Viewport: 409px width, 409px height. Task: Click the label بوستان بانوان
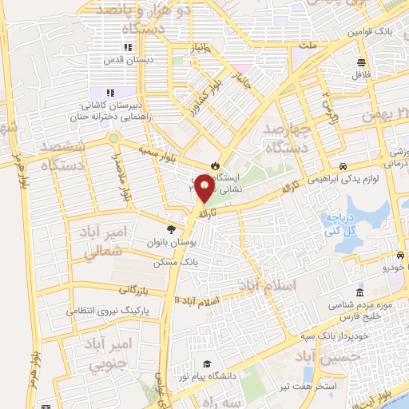(169, 240)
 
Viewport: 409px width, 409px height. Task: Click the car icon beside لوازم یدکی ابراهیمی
(343, 167)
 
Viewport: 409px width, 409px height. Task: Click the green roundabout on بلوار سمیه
(114, 138)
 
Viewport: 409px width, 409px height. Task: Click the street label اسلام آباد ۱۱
(197, 299)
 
